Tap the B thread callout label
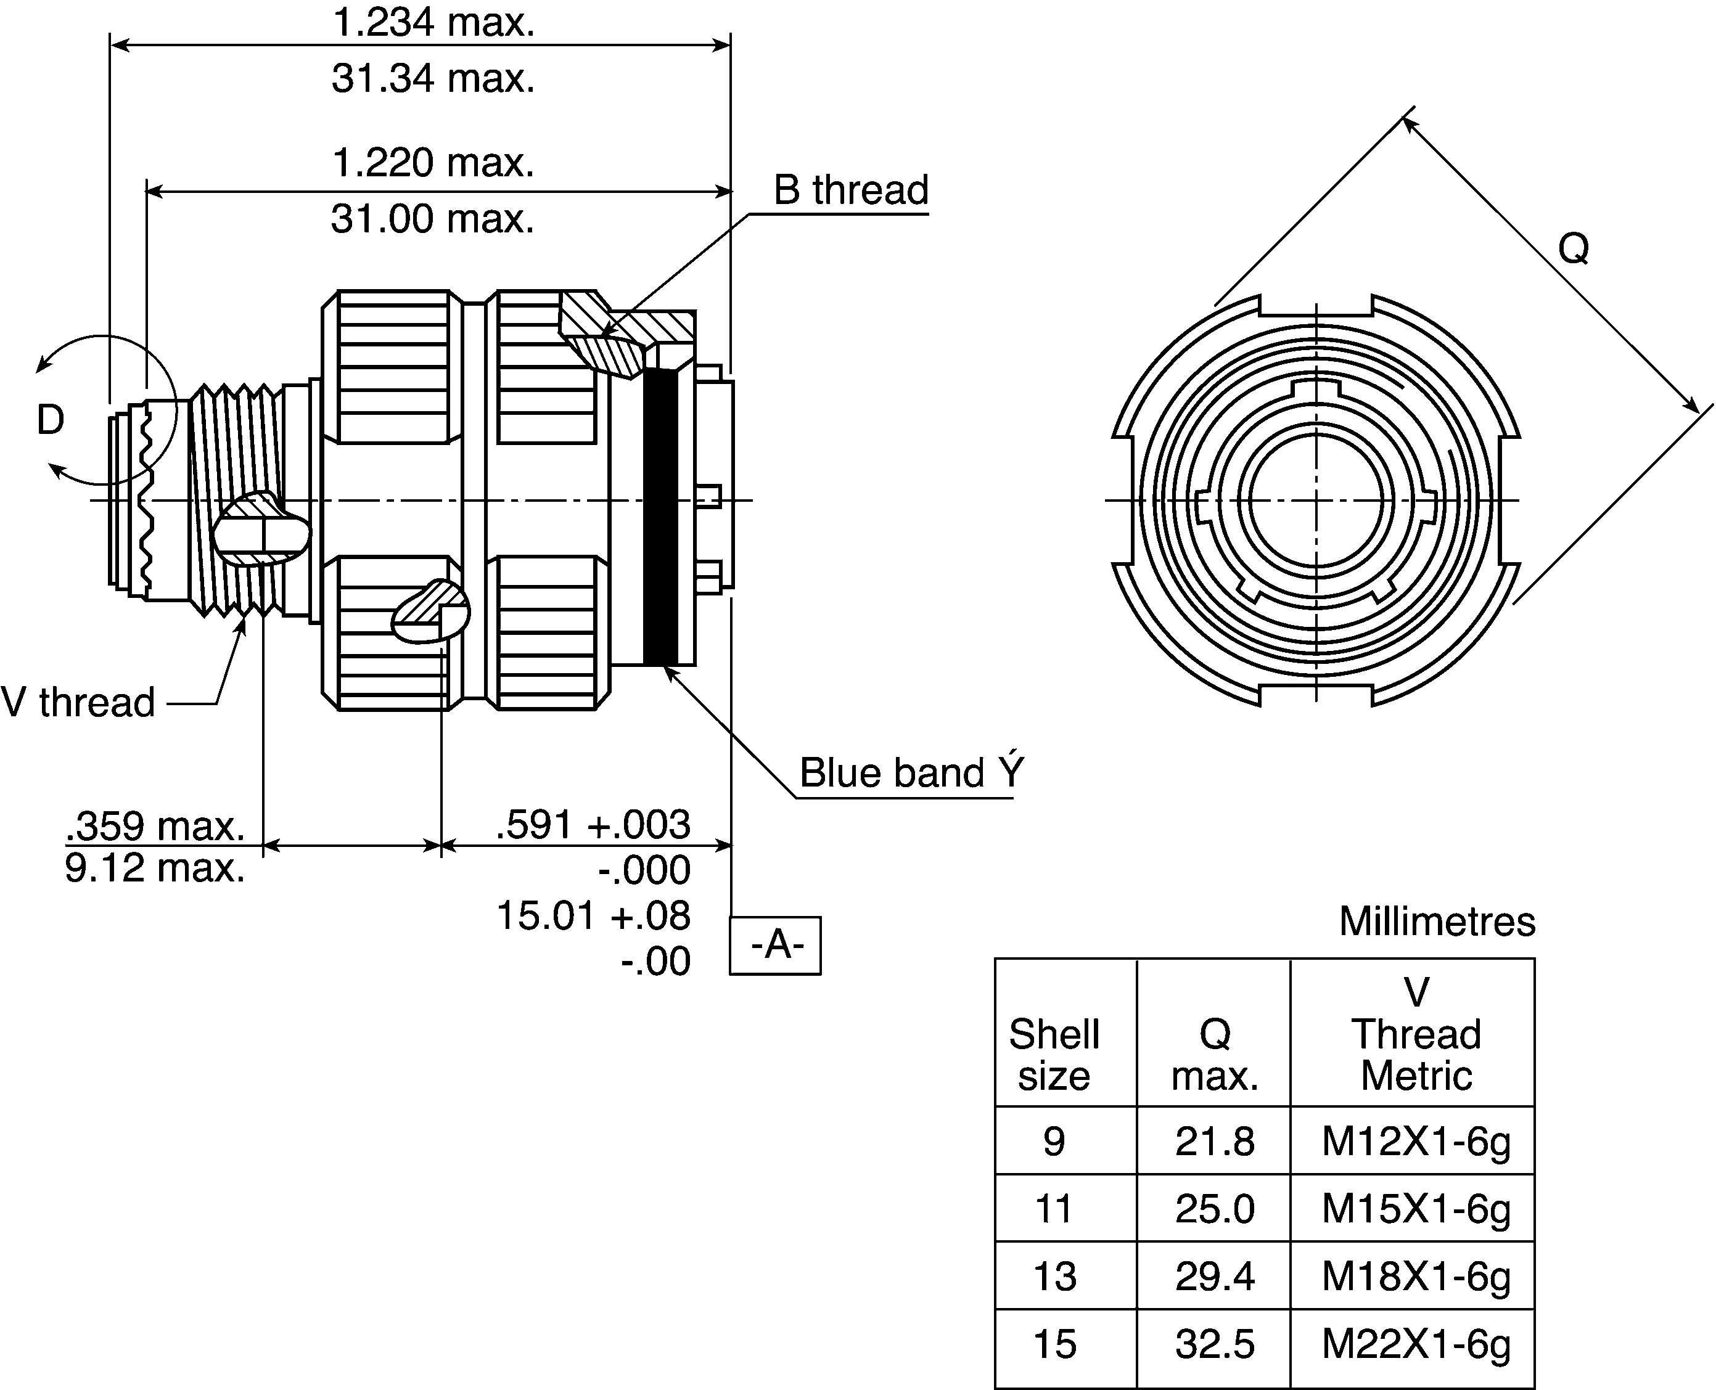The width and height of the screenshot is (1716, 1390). (x=850, y=190)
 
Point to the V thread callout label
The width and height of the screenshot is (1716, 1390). (x=78, y=702)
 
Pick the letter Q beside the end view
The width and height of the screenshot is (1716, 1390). (x=1574, y=249)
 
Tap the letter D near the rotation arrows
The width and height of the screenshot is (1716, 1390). (x=51, y=420)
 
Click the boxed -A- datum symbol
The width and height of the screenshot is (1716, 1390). (x=775, y=946)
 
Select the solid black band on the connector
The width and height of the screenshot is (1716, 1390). (x=660, y=517)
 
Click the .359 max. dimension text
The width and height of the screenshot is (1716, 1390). (x=155, y=825)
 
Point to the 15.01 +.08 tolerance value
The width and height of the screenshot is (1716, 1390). (x=593, y=915)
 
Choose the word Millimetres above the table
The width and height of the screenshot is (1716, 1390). (x=1437, y=922)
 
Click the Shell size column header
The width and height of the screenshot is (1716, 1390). (x=1054, y=1055)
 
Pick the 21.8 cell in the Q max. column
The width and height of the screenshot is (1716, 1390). (x=1215, y=1141)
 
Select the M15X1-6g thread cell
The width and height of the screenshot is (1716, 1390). (x=1416, y=1209)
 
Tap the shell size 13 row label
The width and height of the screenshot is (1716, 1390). (x=1054, y=1277)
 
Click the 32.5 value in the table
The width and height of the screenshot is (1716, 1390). (x=1215, y=1344)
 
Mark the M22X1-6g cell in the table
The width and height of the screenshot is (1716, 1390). (x=1416, y=1344)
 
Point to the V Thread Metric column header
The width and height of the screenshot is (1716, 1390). (x=1416, y=1034)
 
